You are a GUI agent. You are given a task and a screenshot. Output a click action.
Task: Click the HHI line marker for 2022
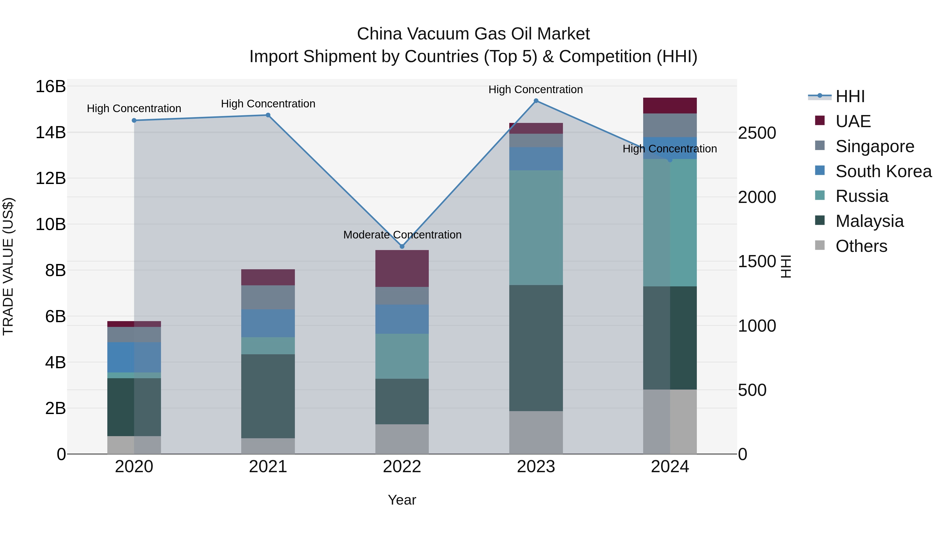click(402, 246)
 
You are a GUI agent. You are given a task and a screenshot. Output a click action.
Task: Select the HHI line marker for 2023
click(536, 101)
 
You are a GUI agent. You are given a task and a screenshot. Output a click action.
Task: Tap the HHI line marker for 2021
click(268, 115)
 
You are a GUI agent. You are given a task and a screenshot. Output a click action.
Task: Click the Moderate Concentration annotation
click(402, 235)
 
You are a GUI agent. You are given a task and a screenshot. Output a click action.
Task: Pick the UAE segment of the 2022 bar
click(402, 268)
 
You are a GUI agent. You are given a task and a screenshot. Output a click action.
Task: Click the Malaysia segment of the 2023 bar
click(536, 348)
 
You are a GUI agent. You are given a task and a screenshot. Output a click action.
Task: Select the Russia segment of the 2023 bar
click(536, 227)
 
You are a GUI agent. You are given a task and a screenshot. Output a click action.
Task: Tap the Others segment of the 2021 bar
click(268, 446)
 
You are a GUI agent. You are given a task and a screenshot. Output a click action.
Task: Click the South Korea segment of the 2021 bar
click(268, 323)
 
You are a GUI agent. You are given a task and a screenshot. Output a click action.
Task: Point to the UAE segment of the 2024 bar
click(670, 106)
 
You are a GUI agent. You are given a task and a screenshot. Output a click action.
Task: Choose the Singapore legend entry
click(875, 146)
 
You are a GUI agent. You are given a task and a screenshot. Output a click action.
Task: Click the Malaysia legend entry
click(869, 221)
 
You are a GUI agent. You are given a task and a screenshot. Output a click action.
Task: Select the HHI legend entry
click(850, 96)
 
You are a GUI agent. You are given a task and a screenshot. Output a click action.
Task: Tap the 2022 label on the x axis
click(402, 466)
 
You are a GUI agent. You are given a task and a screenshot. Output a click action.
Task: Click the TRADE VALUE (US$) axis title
click(8, 266)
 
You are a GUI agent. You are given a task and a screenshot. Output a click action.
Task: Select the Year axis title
click(402, 500)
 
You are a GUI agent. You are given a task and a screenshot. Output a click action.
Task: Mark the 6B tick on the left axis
click(56, 316)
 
